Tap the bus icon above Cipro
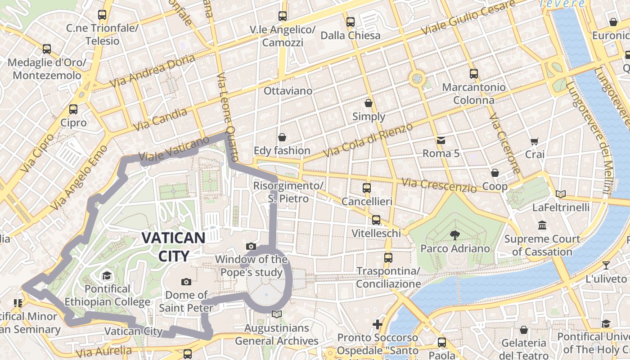[73, 109]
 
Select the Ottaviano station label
[288, 91]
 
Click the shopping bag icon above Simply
[369, 103]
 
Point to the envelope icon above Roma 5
[441, 140]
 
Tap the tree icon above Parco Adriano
[455, 234]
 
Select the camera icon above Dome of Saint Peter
[186, 282]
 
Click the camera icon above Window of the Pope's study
[251, 246]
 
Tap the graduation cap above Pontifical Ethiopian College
[107, 275]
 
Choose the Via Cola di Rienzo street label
[368, 140]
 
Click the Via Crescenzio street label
[439, 185]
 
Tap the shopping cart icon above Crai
[534, 141]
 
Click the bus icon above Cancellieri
[367, 188]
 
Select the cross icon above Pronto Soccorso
[378, 324]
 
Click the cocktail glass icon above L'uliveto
[606, 265]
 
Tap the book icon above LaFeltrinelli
[560, 194]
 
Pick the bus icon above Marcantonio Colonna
[473, 74]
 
